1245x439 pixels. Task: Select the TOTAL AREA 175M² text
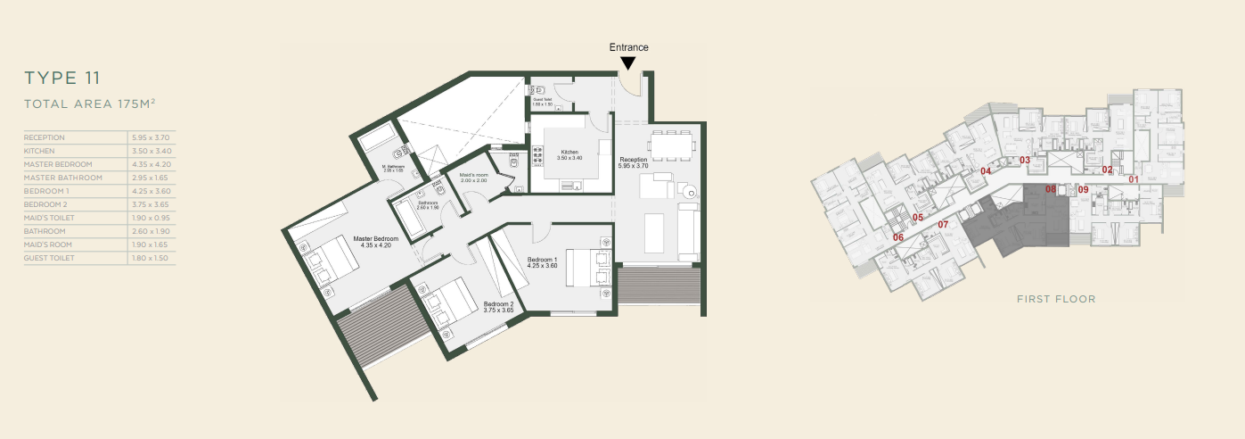90,104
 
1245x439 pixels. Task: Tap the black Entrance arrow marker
628,63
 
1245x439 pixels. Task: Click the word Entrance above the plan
628,47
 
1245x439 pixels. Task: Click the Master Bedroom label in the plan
374,240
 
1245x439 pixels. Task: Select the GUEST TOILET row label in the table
50,258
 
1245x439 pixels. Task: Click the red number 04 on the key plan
986,170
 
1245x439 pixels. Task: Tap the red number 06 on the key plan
898,237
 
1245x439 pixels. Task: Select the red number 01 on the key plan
1134,179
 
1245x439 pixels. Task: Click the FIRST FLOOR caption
1056,299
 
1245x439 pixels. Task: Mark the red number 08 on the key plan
1051,189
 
